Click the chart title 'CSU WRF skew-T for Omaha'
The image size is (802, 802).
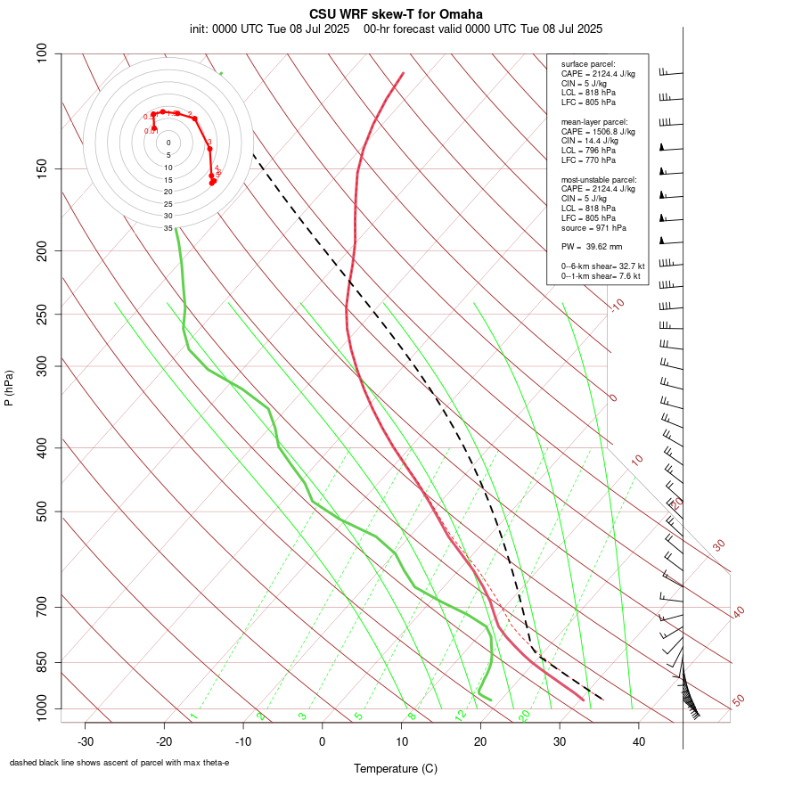[396, 14]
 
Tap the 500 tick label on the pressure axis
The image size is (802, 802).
[42, 511]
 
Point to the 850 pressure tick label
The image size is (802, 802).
[42, 662]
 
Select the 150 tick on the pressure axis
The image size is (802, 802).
[42, 168]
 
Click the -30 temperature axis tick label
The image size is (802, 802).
[86, 741]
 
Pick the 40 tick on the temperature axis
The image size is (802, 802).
[638, 741]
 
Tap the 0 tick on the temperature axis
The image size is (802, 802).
[323, 741]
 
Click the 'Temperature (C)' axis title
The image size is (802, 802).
[396, 768]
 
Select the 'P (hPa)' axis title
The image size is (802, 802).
[9, 388]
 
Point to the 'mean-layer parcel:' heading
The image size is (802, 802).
[594, 121]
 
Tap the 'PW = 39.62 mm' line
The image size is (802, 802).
[592, 246]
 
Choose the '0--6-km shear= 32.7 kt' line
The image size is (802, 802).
[602, 266]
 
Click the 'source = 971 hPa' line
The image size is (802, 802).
[593, 226]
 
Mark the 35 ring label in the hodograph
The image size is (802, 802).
[168, 228]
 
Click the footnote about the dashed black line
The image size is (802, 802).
[119, 763]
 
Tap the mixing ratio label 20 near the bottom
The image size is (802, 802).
[524, 715]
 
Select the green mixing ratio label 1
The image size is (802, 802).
[192, 716]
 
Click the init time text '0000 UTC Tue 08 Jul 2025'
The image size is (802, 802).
[281, 29]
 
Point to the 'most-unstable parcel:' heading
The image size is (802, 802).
[599, 179]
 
